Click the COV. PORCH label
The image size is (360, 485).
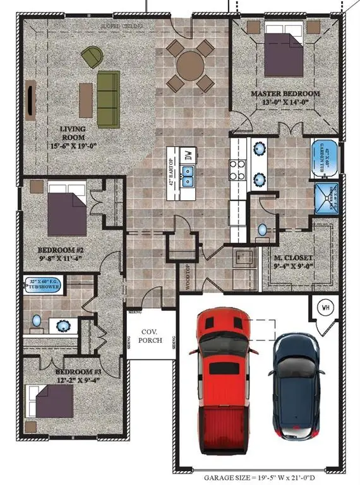click(151, 336)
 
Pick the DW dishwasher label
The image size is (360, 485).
click(187, 154)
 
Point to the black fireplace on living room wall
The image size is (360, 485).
click(30, 99)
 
